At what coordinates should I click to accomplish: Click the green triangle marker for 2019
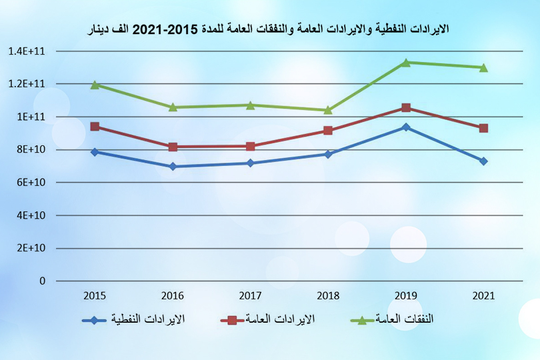[x=405, y=62]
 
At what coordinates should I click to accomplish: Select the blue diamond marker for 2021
[x=483, y=161]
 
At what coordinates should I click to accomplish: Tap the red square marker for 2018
[x=328, y=131]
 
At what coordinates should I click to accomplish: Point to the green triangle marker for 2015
[x=95, y=85]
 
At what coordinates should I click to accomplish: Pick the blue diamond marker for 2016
[x=173, y=167]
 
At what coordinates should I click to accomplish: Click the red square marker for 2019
[x=405, y=108]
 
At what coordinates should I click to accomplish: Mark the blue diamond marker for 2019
[x=405, y=127]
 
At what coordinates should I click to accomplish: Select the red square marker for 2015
[x=95, y=127]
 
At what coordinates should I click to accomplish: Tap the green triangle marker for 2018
[x=328, y=110]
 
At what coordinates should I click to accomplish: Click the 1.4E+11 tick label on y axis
[x=27, y=51]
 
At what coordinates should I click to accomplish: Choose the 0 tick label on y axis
[x=42, y=281]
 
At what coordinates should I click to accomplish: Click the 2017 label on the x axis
[x=250, y=295]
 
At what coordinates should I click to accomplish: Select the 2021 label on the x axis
[x=483, y=295]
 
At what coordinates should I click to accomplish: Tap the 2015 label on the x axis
[x=95, y=295]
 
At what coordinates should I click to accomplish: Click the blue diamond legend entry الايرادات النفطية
[x=133, y=320]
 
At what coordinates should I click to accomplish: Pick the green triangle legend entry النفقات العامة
[x=393, y=320]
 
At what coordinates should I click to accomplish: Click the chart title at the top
[x=269, y=29]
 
